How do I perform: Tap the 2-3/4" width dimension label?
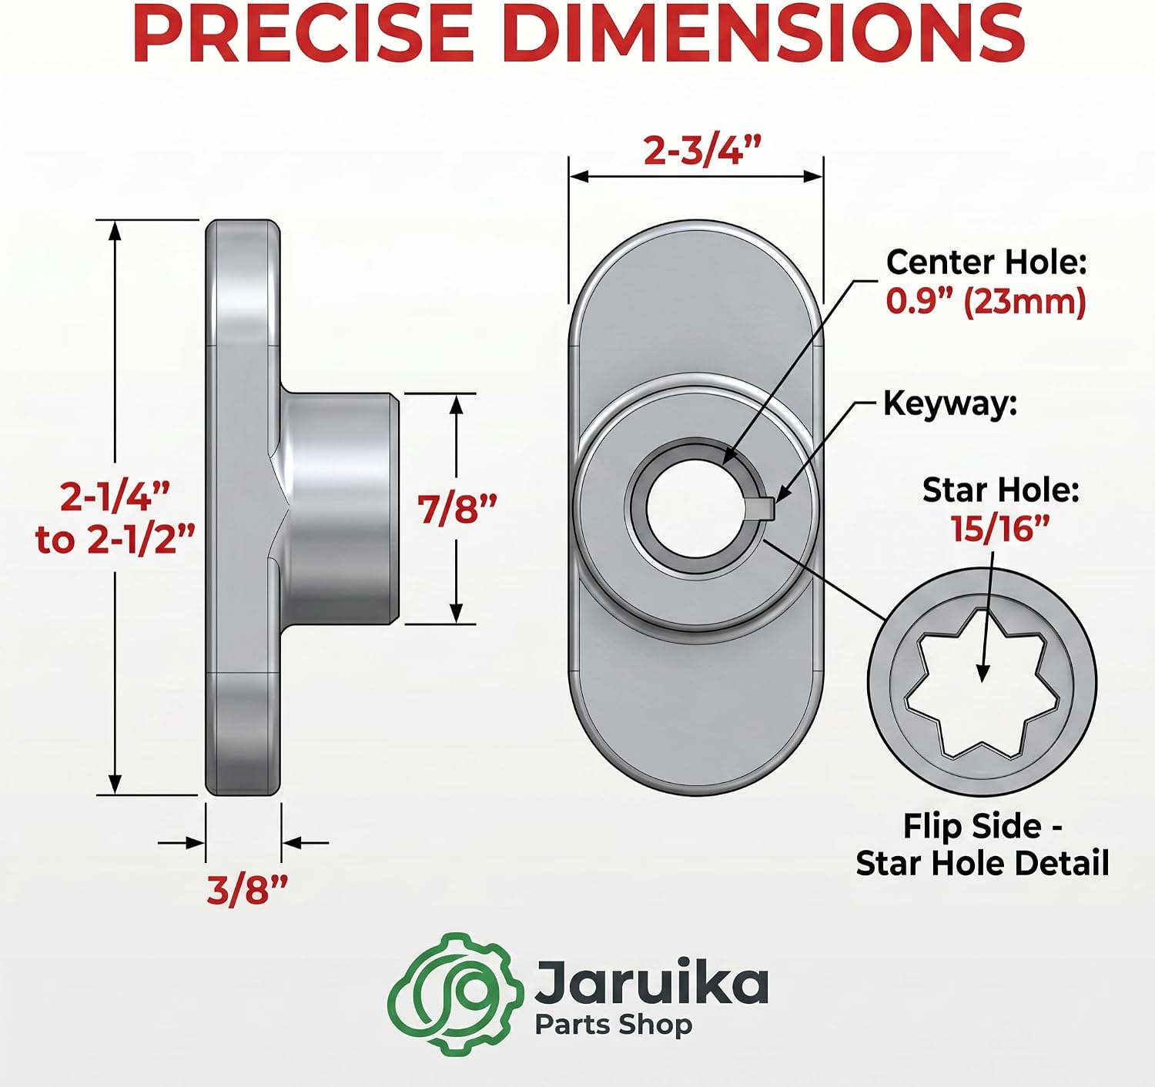coord(702,151)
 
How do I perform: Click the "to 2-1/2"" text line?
coord(115,540)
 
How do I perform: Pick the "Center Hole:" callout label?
coord(986,263)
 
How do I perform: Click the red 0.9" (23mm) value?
coord(986,302)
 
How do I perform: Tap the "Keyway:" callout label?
coord(950,403)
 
